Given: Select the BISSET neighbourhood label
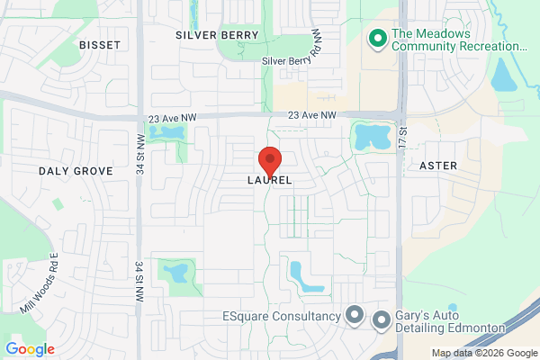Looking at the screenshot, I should click(99, 44).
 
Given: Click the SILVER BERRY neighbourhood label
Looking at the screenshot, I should click(217, 35).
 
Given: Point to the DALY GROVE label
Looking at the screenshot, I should click(76, 170).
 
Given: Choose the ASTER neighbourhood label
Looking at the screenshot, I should click(438, 166).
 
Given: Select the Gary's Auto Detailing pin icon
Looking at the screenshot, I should click(381, 319).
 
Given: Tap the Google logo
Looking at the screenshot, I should click(30, 348).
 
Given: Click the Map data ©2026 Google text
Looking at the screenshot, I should click(482, 352).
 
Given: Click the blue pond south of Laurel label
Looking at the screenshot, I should click(304, 275).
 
